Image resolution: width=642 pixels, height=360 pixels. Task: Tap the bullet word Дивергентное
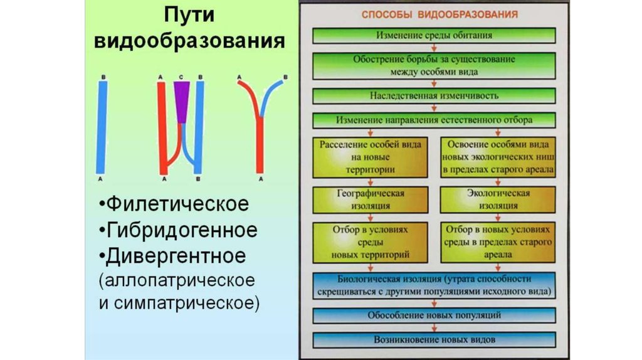[176, 256]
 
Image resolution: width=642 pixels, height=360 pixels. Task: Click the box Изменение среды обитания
[434, 36]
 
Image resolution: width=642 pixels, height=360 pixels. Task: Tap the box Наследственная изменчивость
[434, 96]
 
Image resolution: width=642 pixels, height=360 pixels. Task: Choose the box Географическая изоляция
[371, 199]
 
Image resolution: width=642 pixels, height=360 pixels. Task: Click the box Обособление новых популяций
[434, 315]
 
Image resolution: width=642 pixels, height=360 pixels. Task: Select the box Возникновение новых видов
[434, 339]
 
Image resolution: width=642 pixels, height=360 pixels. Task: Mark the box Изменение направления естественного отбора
[434, 119]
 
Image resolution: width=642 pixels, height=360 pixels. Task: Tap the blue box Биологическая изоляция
[434, 285]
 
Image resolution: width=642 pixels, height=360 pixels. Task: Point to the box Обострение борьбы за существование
[434, 66]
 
